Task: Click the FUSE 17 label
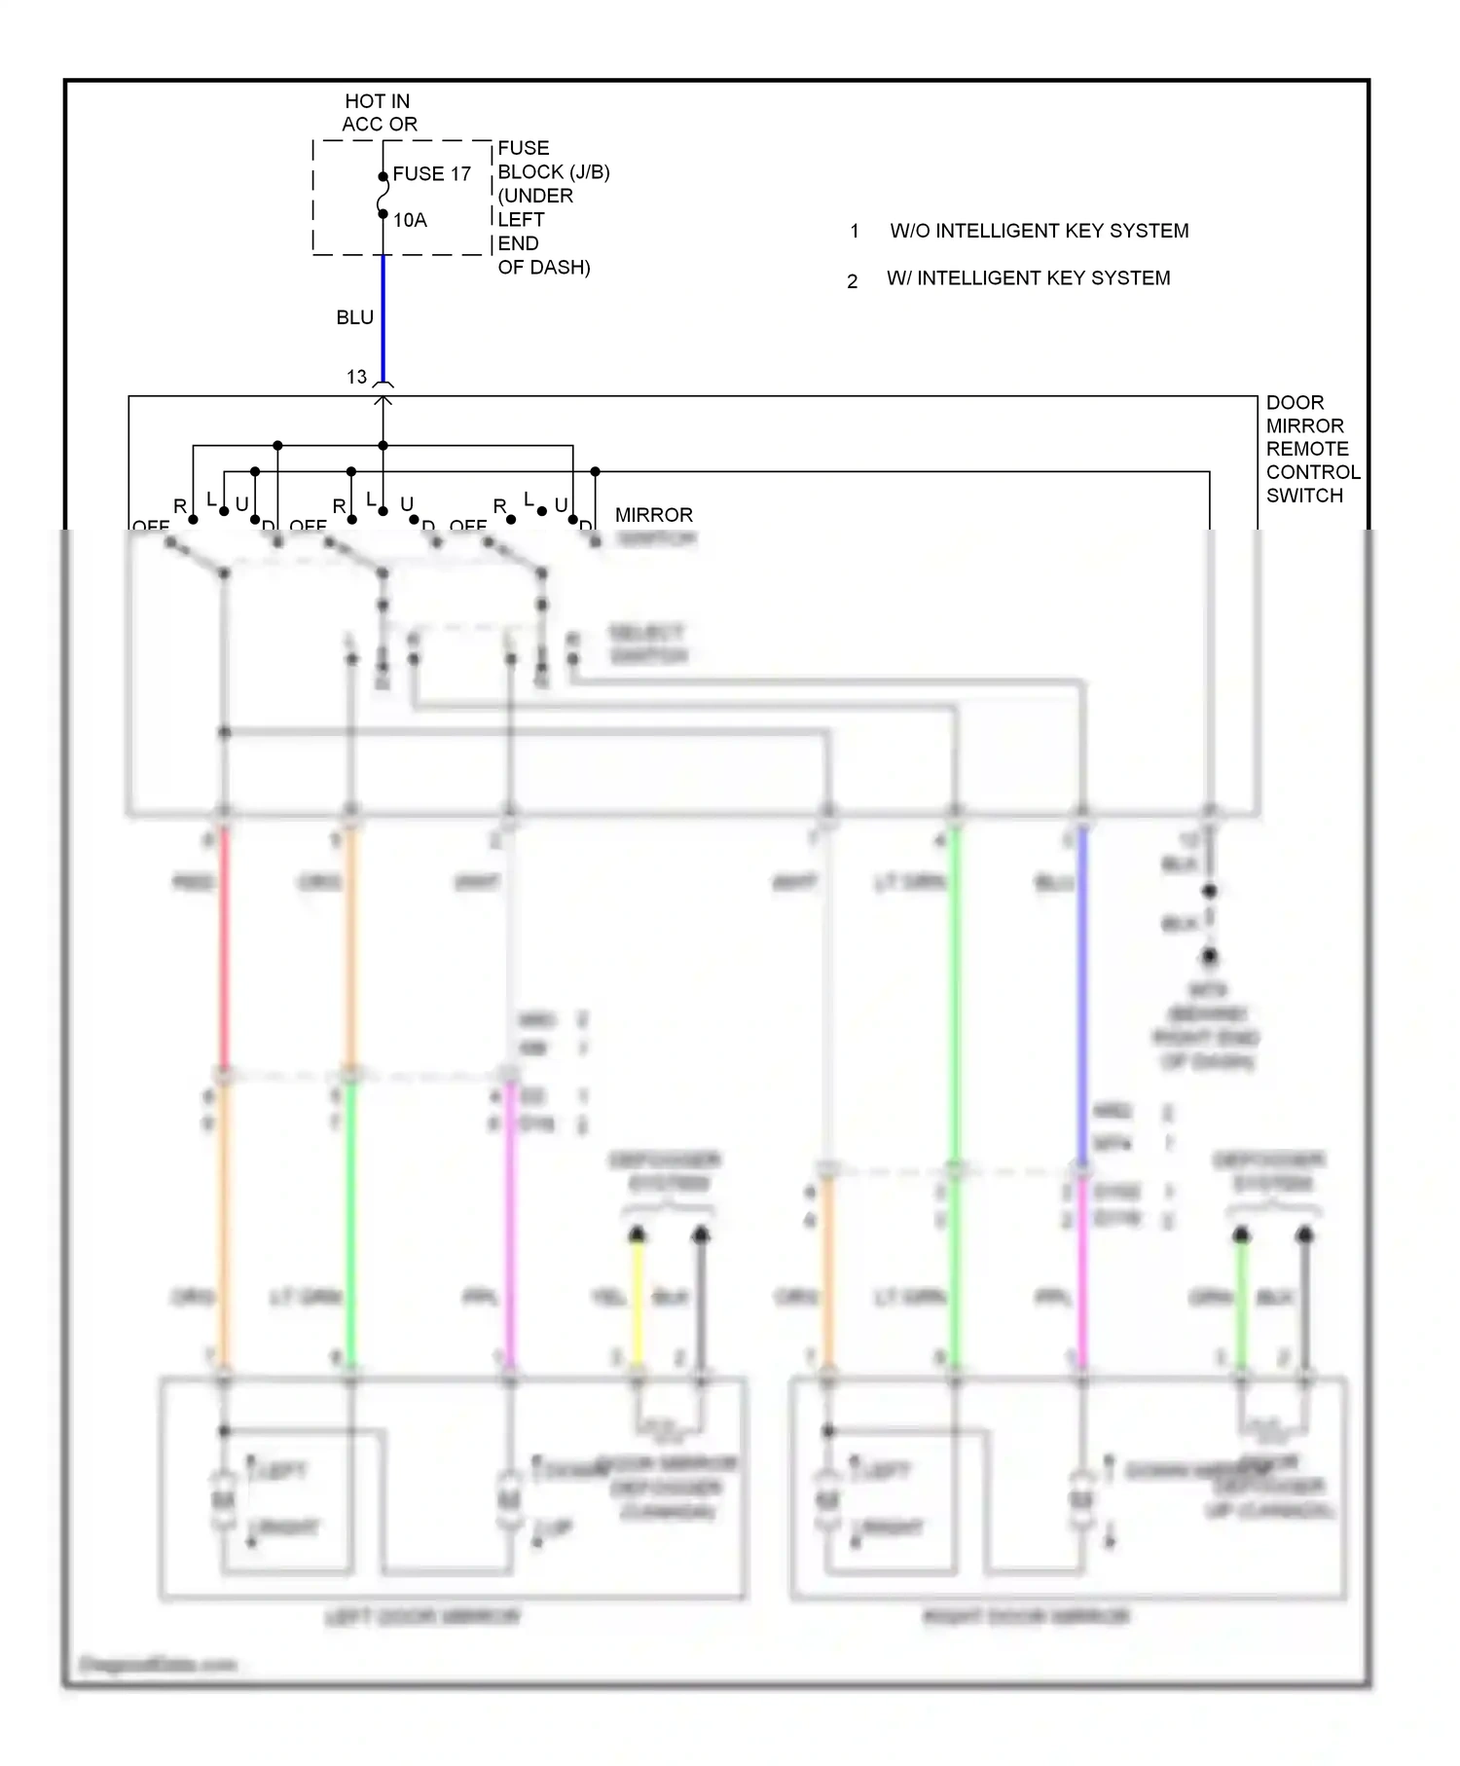431,174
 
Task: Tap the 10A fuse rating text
410,220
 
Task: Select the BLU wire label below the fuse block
354,317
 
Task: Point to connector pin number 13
356,377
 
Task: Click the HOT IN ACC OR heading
379,113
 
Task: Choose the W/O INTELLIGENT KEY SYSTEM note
1039,231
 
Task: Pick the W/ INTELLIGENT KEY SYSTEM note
1028,278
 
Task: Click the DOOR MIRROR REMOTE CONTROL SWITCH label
1311,449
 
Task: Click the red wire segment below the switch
224,944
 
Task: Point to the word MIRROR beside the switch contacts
653,515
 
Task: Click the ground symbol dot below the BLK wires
1209,956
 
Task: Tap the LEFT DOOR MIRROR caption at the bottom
422,1617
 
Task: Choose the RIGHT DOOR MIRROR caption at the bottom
1026,1617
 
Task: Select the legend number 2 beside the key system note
852,281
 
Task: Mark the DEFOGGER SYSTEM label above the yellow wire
665,1171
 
